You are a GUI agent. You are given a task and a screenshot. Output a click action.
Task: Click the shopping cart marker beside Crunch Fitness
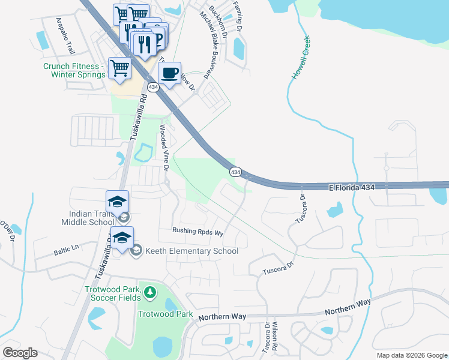click(x=120, y=68)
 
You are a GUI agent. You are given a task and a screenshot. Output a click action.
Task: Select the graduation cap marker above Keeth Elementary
click(x=122, y=238)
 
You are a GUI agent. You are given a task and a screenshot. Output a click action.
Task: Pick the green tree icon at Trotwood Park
click(x=149, y=293)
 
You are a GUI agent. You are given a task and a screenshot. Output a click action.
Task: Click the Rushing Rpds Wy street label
click(x=197, y=231)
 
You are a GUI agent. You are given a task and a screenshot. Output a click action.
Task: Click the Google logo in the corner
click(x=20, y=353)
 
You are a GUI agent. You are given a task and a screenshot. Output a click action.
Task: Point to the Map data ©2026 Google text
click(x=411, y=355)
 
